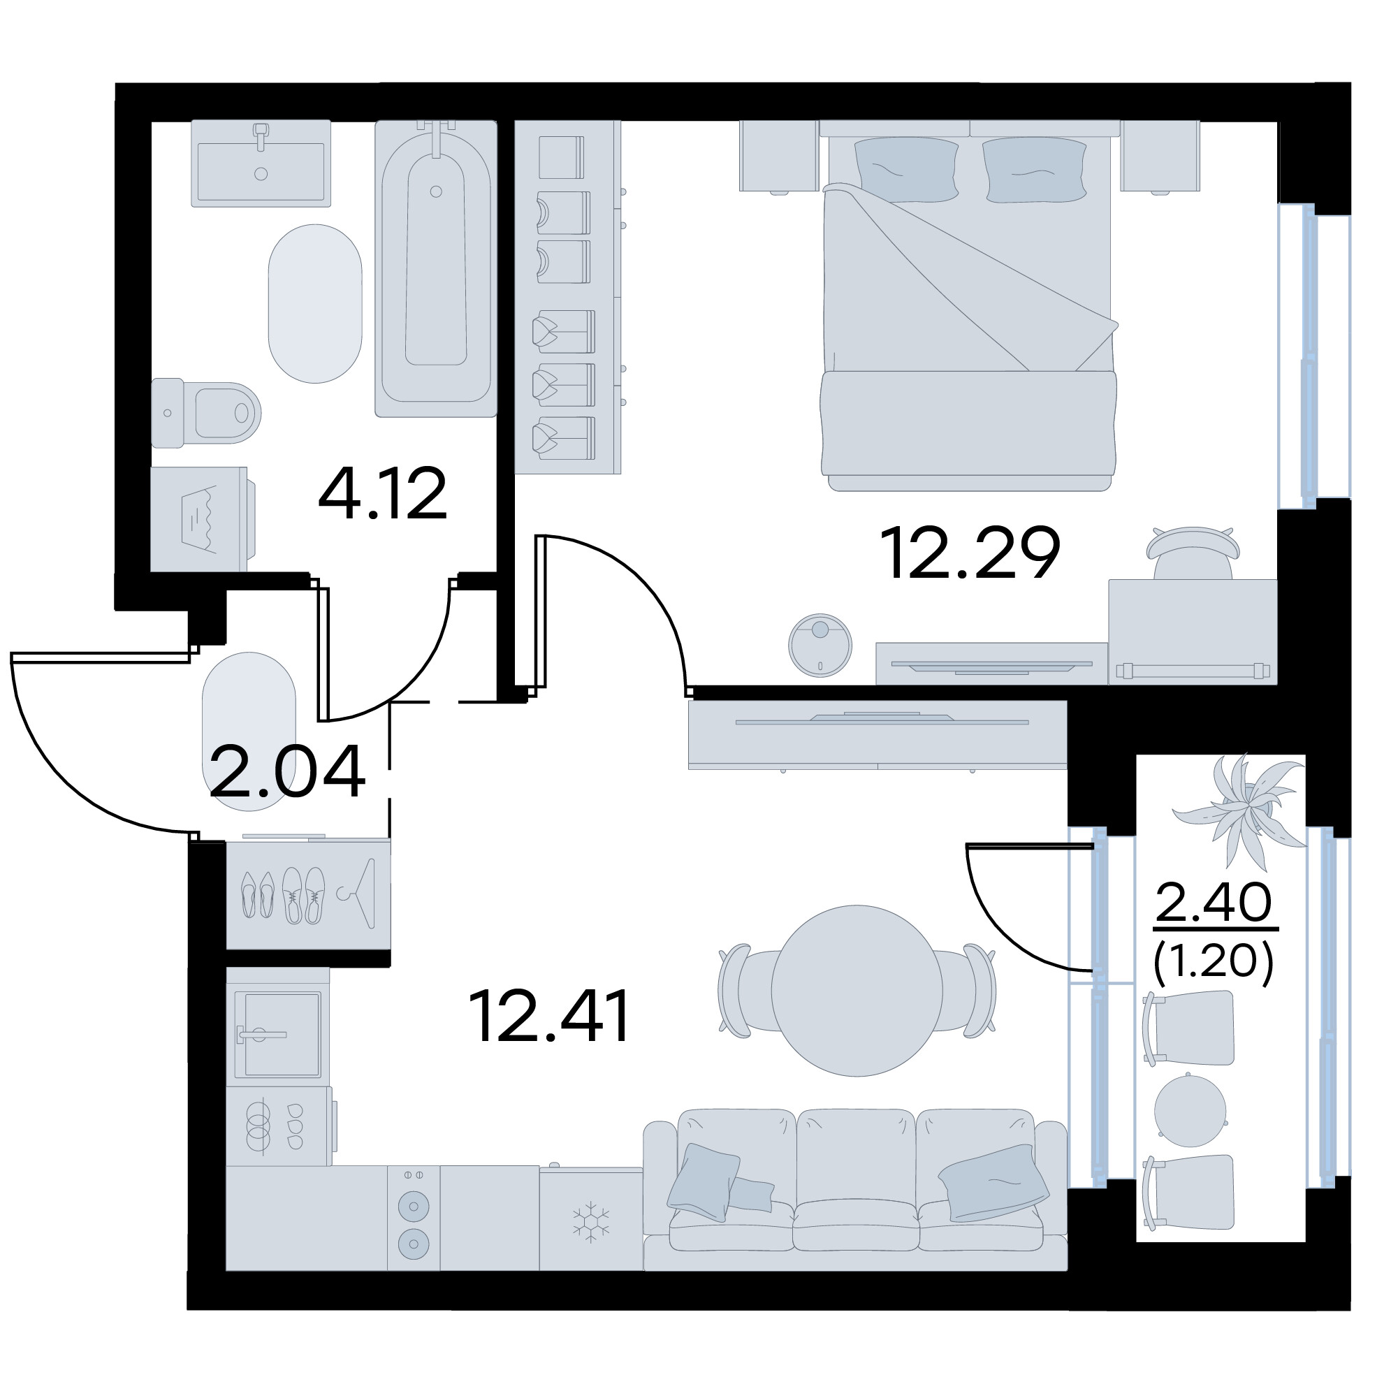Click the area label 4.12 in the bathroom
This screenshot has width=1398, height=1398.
tap(383, 495)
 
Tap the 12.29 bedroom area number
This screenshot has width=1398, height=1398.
tap(970, 553)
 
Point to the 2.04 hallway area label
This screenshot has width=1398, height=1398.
tap(287, 773)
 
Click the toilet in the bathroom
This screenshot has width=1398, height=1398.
tap(205, 412)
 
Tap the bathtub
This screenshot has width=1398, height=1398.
tap(436, 268)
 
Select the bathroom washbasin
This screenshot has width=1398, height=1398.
tap(261, 163)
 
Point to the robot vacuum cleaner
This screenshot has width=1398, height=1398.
tap(820, 646)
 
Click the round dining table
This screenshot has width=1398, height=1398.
tap(857, 991)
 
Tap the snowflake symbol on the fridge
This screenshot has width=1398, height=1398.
tap(591, 1223)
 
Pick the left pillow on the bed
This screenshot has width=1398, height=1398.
tap(907, 169)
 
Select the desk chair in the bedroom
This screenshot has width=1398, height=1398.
tap(1193, 553)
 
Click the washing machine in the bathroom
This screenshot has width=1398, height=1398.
tap(201, 519)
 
